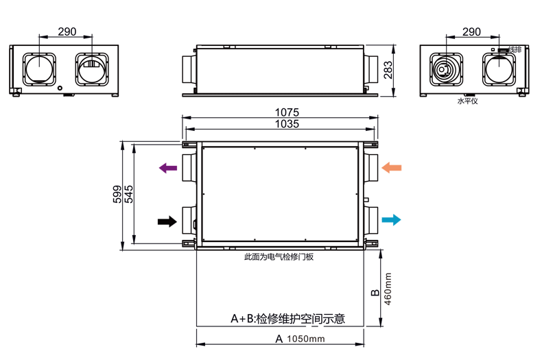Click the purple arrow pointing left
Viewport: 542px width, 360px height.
[x=167, y=168]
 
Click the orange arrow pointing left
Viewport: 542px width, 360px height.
[x=392, y=168]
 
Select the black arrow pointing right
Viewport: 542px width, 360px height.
[x=167, y=221]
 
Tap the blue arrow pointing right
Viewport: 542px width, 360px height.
[x=391, y=220]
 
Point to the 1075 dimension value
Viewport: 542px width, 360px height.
[x=287, y=112]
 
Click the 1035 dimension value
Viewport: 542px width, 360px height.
[x=287, y=124]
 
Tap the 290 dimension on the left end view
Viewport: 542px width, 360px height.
[x=67, y=32]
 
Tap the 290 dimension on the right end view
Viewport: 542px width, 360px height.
[x=471, y=32]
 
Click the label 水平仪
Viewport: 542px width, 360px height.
[x=467, y=101]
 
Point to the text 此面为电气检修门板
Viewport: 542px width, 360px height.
[x=279, y=257]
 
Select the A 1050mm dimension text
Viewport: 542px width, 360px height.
[x=300, y=339]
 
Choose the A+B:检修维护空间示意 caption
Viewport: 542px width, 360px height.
[x=287, y=319]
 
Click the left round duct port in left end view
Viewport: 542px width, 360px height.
[x=40, y=69]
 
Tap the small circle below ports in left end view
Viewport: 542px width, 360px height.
[x=60, y=88]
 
